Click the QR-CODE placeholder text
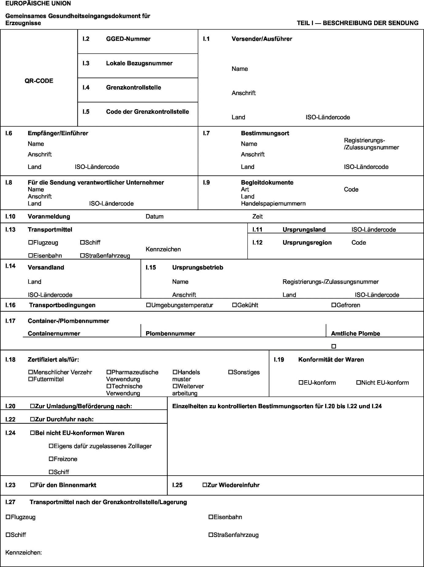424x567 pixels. [x=39, y=81]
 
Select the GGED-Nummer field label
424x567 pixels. [x=128, y=39]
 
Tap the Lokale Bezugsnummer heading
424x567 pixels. [x=139, y=63]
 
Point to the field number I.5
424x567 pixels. [x=86, y=112]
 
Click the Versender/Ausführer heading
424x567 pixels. [x=262, y=39]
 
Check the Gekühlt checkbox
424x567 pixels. [x=235, y=305]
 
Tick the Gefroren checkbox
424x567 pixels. [x=334, y=305]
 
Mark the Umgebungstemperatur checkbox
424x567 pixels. [x=148, y=305]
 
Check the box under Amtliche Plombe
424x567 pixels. [x=334, y=346]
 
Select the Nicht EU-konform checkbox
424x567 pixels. [x=358, y=383]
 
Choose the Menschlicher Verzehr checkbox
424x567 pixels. [x=30, y=372]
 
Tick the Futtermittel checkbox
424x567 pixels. [x=30, y=379]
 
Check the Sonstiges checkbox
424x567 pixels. [x=231, y=372]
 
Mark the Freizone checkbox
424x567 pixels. [x=51, y=459]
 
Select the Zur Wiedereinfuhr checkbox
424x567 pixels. [x=205, y=485]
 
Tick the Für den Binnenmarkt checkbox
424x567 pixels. [x=32, y=485]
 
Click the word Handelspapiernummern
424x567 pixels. [x=273, y=204]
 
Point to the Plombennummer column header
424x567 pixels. [x=170, y=334]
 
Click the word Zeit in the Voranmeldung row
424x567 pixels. [x=257, y=216]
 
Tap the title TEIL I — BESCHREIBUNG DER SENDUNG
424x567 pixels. [x=357, y=23]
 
